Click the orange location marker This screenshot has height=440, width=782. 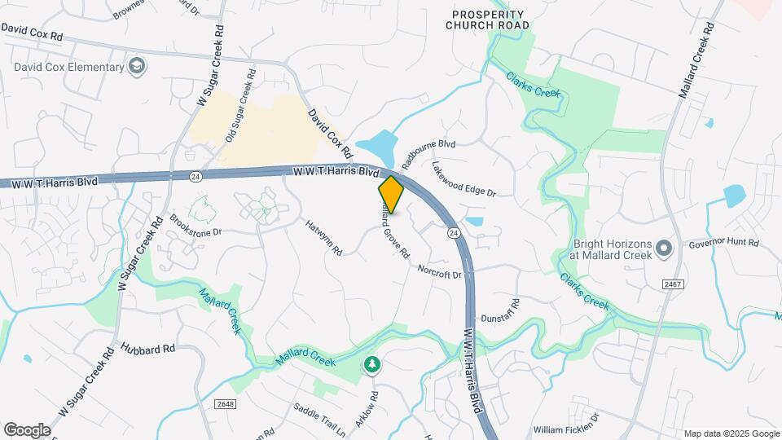pyautogui.click(x=391, y=195)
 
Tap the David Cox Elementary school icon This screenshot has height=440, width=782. pyautogui.click(x=138, y=64)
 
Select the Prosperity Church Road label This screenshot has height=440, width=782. pyautogui.click(x=488, y=20)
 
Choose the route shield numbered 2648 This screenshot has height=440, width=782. pyautogui.click(x=225, y=404)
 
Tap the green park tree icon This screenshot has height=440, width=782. pyautogui.click(x=371, y=364)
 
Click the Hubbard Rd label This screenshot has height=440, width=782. pyautogui.click(x=148, y=348)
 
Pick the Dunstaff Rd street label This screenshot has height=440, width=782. pyautogui.click(x=500, y=313)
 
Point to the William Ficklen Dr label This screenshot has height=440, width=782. pyautogui.click(x=566, y=429)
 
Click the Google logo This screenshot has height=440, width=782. pyautogui.click(x=27, y=430)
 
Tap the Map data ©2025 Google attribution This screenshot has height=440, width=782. pyautogui.click(x=731, y=433)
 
